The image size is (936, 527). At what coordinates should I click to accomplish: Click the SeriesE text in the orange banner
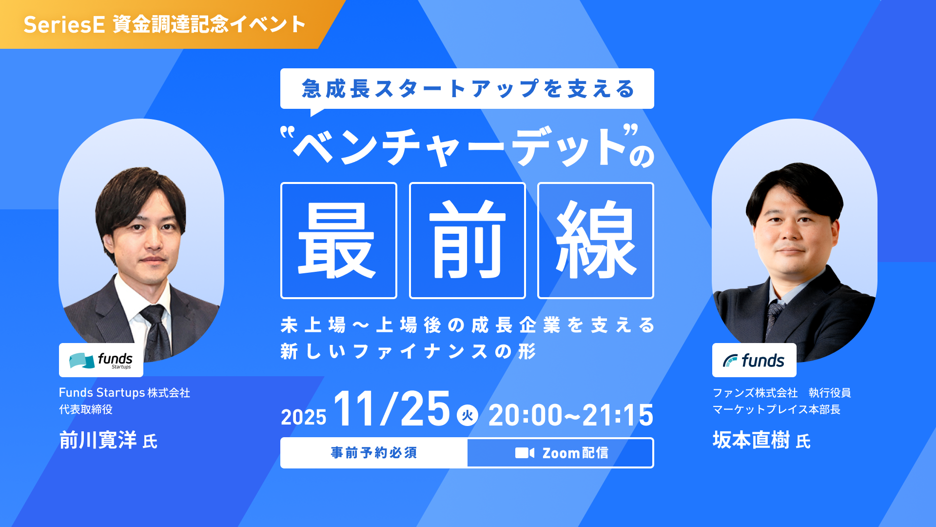pos(64,24)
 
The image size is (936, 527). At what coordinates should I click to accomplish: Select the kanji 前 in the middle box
pos(467,241)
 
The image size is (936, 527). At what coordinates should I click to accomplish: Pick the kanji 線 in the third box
pos(595,241)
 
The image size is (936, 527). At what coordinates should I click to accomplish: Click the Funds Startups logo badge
pos(101,360)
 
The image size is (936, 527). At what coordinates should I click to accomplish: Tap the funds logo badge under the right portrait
pos(754,361)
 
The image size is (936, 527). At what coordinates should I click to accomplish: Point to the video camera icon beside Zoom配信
pos(525,453)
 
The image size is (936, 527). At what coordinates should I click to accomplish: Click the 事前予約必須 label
pos(374,453)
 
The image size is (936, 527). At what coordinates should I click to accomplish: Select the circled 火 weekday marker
pos(468,415)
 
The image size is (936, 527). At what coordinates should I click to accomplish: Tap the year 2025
pos(303,417)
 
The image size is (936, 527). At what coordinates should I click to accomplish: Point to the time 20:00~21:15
pos(570,415)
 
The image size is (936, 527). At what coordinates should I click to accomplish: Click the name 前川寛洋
pos(98,440)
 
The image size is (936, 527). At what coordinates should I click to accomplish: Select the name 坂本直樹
pos(751,440)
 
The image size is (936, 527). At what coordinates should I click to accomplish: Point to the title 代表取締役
pos(86,409)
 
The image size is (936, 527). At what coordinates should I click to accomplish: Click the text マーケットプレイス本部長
pos(776,409)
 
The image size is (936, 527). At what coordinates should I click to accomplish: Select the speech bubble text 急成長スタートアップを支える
pos(467,89)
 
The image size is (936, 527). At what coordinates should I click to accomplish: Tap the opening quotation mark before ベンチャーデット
pos(288,132)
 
